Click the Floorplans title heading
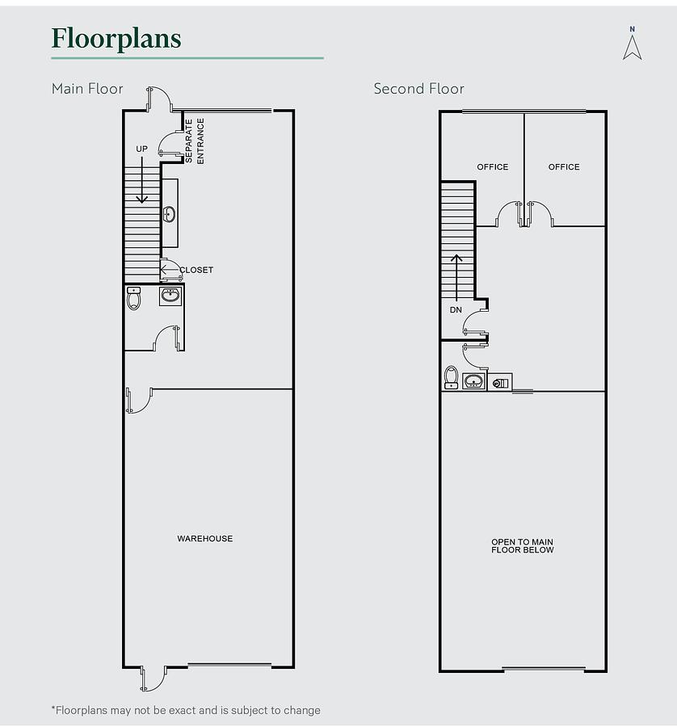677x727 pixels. click(x=116, y=39)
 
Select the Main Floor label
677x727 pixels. click(x=87, y=89)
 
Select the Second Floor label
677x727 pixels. click(x=418, y=89)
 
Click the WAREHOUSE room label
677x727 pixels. click(x=205, y=538)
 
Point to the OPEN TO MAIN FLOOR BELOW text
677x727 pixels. click(x=523, y=546)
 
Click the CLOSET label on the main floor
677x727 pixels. click(x=196, y=270)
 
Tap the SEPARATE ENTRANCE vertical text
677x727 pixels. click(x=195, y=141)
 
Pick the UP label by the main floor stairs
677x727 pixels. click(x=142, y=149)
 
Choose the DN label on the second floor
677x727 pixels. click(x=456, y=309)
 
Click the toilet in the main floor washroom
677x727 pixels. click(x=133, y=298)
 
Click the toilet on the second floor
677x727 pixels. click(x=451, y=377)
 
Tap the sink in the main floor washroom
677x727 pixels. click(x=170, y=296)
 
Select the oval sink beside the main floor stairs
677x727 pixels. click(x=170, y=214)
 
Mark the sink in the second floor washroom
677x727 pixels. click(x=474, y=381)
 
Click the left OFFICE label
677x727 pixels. click(x=493, y=167)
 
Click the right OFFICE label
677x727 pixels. click(x=564, y=167)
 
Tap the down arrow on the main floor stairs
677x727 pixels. click(x=142, y=180)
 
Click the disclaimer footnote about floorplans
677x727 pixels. click(x=186, y=710)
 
